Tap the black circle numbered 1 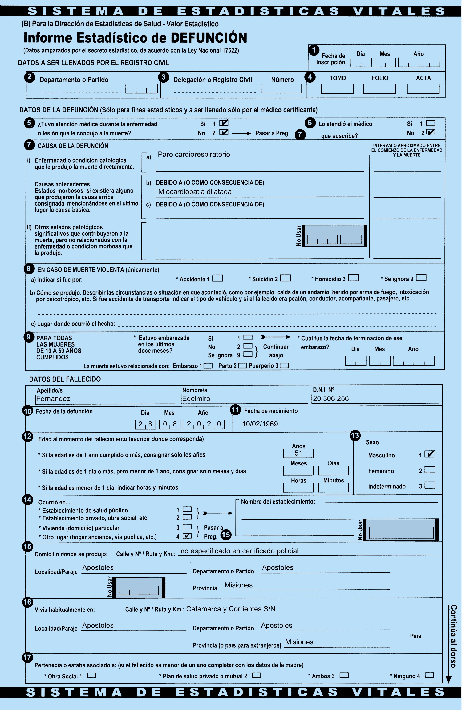click(x=314, y=50)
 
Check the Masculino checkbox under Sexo click(x=430, y=454)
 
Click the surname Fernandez click(x=53, y=398)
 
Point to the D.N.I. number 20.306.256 click(x=331, y=398)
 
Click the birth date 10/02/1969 click(x=260, y=424)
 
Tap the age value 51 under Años click(x=298, y=453)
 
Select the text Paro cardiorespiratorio click(x=194, y=154)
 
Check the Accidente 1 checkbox click(x=217, y=278)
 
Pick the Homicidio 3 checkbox click(x=353, y=278)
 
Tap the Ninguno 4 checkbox click(x=429, y=675)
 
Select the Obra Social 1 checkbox click(x=91, y=675)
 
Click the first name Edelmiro click(x=196, y=398)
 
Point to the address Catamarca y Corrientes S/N click(x=231, y=609)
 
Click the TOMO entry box click(x=337, y=89)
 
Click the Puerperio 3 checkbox click(x=284, y=365)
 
